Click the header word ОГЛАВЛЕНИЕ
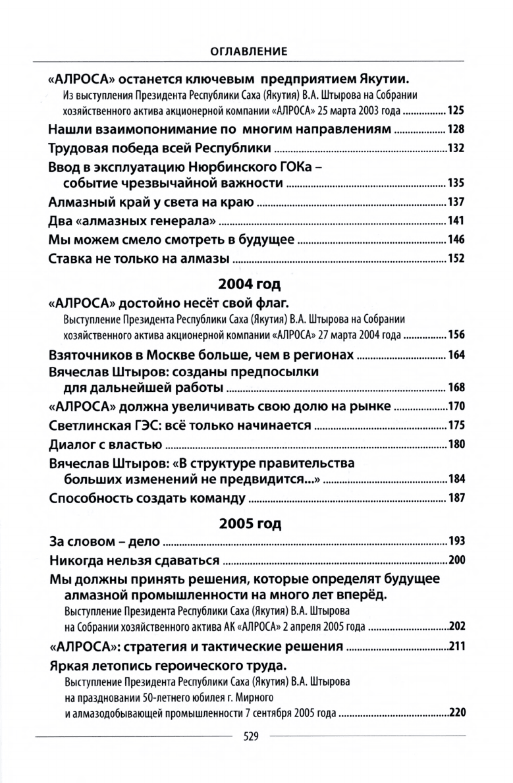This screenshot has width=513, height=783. pyautogui.click(x=256, y=49)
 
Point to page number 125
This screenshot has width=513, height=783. pyautogui.click(x=456, y=110)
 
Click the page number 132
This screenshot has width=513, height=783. pyautogui.click(x=456, y=148)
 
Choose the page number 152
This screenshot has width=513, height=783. pyautogui.click(x=456, y=258)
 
